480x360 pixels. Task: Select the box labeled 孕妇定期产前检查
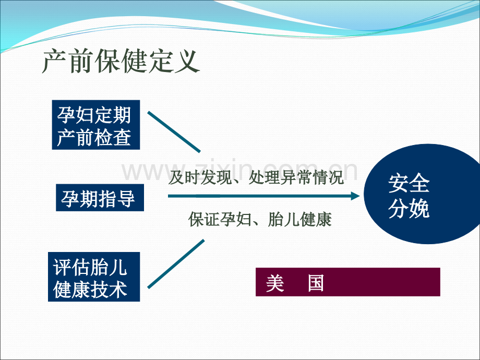pyautogui.click(x=96, y=125)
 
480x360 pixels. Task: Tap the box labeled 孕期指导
pyautogui.click(x=100, y=198)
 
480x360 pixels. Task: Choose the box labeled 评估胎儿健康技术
pyautogui.click(x=94, y=277)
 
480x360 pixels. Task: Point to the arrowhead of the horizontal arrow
pyautogui.click(x=355, y=196)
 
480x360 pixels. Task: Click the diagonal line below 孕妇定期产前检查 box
pyautogui.click(x=174, y=132)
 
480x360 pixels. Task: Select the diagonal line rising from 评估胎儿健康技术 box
pyautogui.click(x=176, y=264)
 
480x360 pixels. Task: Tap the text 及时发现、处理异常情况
pyautogui.click(x=256, y=177)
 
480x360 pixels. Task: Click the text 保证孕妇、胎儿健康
pyautogui.click(x=260, y=220)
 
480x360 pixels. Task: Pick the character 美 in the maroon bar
pyautogui.click(x=275, y=283)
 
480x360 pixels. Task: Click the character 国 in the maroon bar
pyautogui.click(x=316, y=283)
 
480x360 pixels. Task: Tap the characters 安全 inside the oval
pyautogui.click(x=409, y=183)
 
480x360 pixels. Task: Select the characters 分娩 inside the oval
pyautogui.click(x=409, y=209)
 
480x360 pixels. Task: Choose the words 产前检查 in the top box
pyautogui.click(x=94, y=137)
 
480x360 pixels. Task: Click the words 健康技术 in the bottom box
pyautogui.click(x=90, y=289)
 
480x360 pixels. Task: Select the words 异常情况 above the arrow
pyautogui.click(x=312, y=177)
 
